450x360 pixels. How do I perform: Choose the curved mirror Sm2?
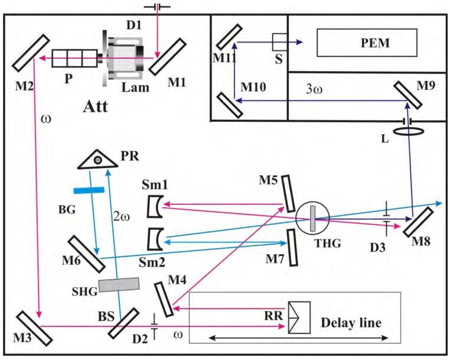(x=155, y=239)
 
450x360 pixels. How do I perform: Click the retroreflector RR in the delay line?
(x=299, y=319)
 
